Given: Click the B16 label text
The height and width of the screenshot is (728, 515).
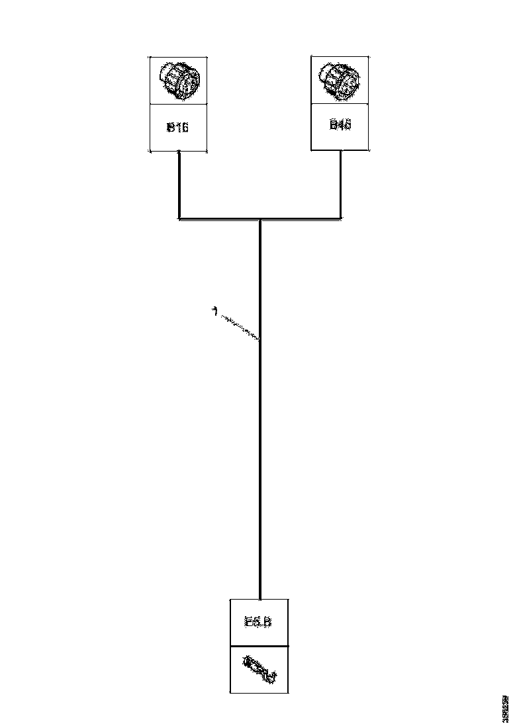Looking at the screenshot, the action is [x=177, y=127].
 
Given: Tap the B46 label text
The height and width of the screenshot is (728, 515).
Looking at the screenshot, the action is [x=340, y=124].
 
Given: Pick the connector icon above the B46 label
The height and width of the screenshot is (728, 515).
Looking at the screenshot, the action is [x=340, y=78].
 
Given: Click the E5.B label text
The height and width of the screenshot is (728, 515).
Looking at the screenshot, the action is [x=258, y=622].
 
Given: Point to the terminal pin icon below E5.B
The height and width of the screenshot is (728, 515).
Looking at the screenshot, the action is [x=259, y=669].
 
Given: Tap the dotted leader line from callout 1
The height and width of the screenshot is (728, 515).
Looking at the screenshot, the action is [x=238, y=326].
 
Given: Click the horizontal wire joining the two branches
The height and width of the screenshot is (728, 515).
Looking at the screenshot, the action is [x=298, y=218].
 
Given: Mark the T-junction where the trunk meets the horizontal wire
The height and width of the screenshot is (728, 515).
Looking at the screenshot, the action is [x=260, y=218].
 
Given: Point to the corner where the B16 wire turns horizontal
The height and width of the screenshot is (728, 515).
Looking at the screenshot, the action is [x=179, y=218].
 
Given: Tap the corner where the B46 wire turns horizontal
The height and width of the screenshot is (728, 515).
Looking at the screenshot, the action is [x=341, y=218].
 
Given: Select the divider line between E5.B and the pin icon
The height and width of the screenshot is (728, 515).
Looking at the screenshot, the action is [x=259, y=646].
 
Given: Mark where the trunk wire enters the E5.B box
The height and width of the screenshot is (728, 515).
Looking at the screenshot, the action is [x=260, y=599].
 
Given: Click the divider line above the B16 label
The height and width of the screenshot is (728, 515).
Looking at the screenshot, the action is [x=177, y=103].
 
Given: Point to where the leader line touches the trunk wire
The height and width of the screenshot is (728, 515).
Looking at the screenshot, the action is [x=259, y=340].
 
